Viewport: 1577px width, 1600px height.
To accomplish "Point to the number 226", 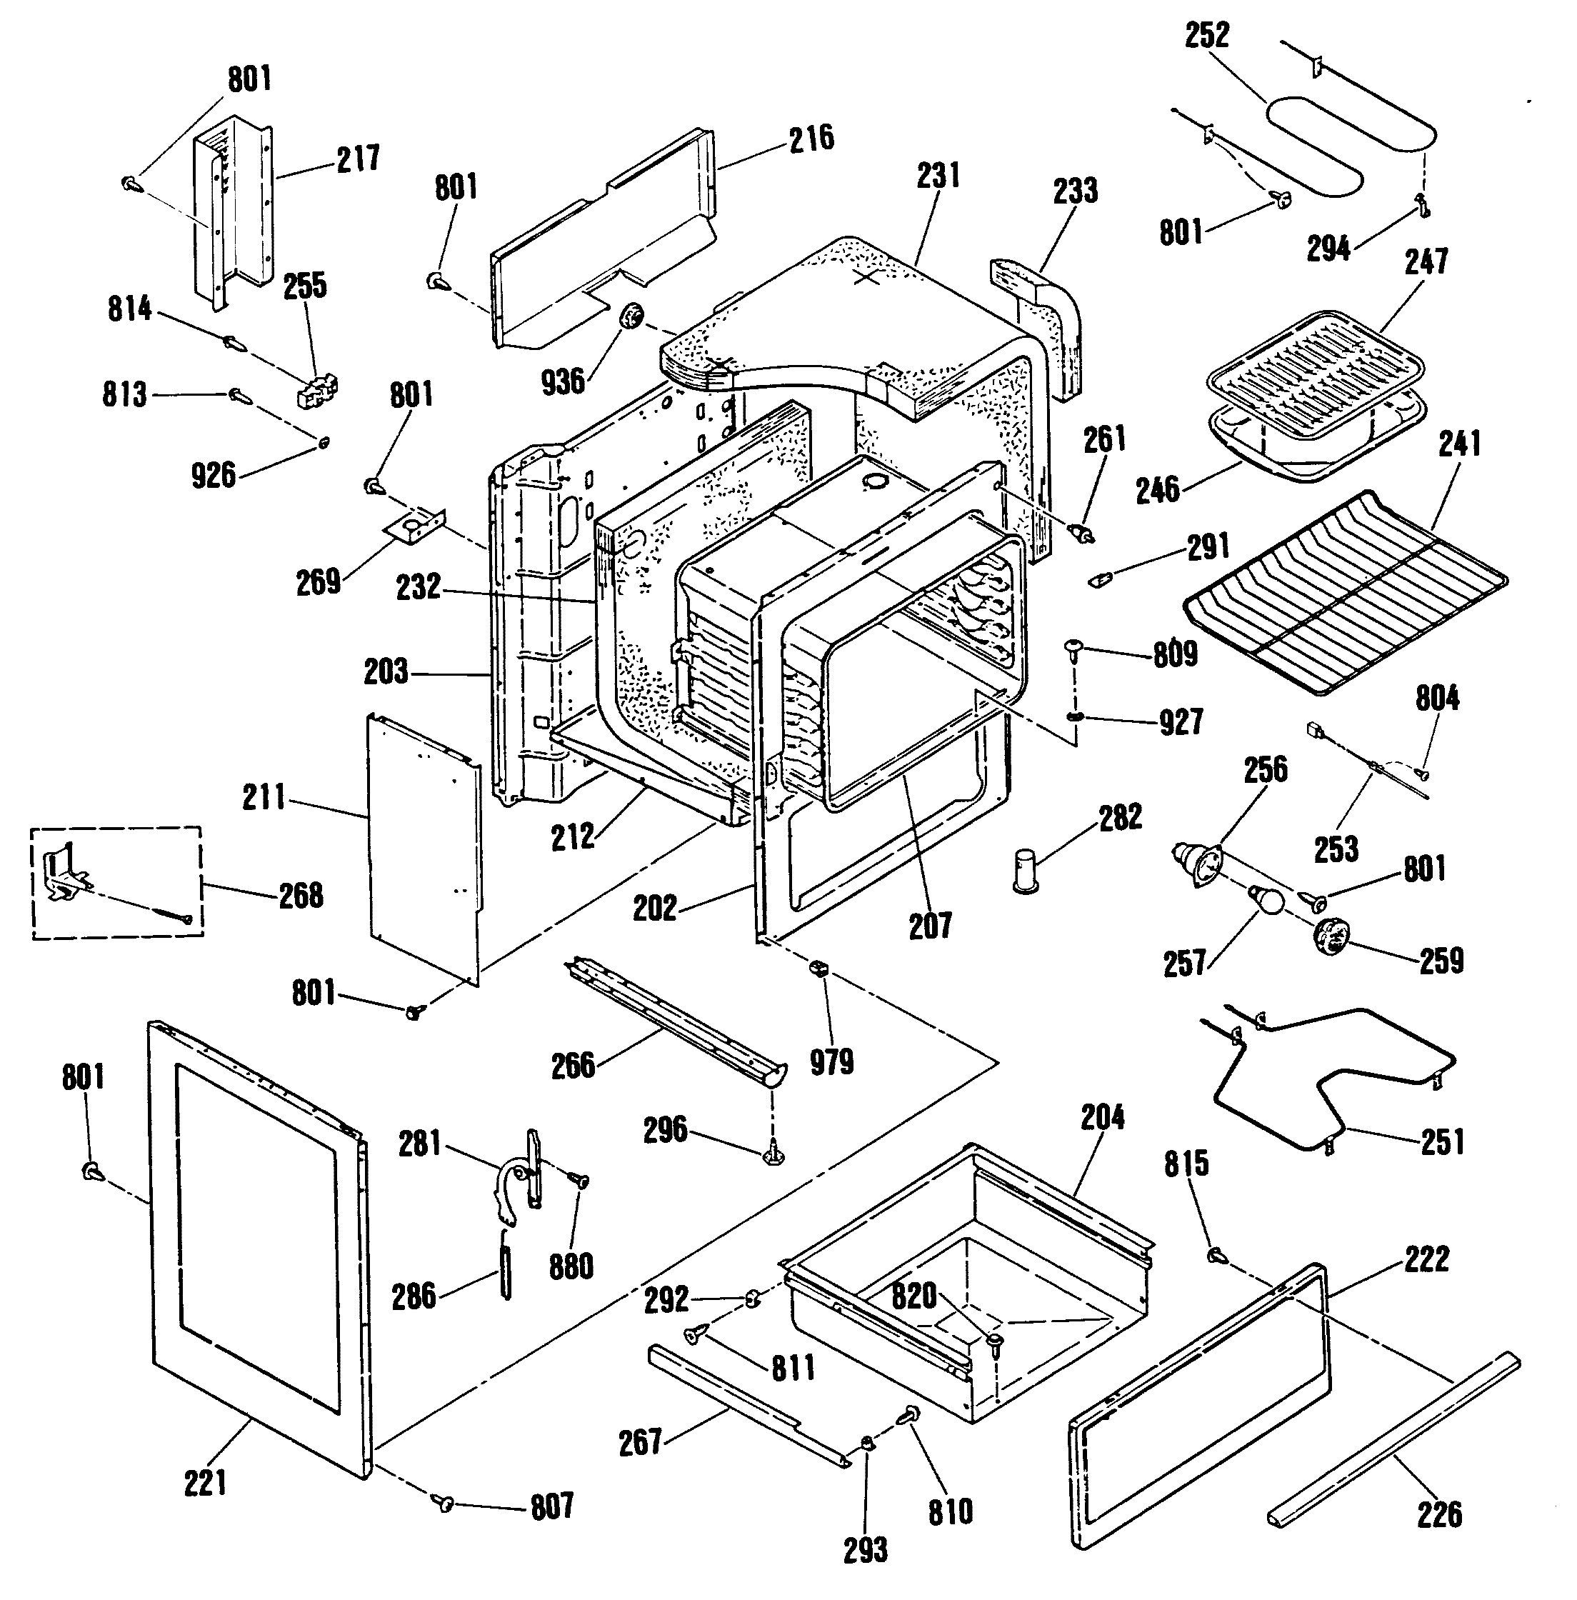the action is point(1439,1515).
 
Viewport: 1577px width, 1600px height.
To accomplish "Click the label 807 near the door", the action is point(551,1506).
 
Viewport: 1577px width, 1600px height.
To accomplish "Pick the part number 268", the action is point(301,895).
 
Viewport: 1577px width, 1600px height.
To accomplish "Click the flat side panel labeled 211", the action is point(424,849).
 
